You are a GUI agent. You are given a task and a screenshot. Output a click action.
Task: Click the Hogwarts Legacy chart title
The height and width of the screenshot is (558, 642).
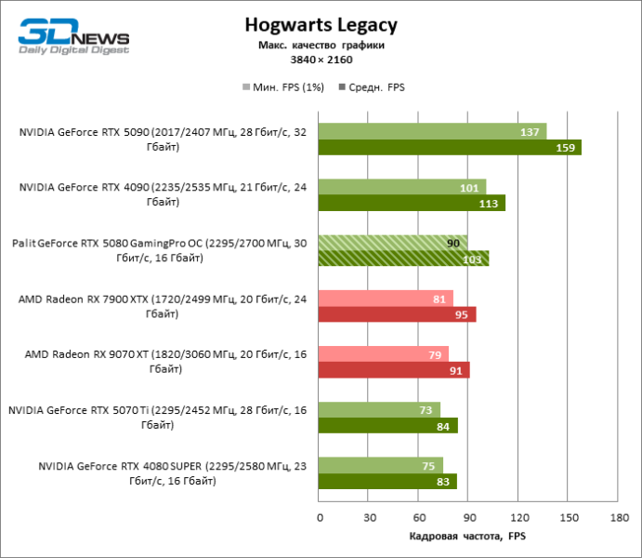tap(321, 25)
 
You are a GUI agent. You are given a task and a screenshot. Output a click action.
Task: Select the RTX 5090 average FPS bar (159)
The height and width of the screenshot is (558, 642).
tap(450, 147)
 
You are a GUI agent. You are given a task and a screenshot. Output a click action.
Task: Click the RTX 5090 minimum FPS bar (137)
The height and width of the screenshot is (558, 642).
tap(432, 131)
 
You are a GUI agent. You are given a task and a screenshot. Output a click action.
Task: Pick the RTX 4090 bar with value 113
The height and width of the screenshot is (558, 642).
tap(412, 203)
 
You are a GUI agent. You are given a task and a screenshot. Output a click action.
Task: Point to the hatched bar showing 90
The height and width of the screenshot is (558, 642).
tap(393, 243)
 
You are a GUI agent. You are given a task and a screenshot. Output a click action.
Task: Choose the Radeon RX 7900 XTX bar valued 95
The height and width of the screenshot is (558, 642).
tap(397, 314)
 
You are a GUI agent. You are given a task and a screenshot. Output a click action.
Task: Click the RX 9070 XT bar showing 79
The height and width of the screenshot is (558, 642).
tap(384, 354)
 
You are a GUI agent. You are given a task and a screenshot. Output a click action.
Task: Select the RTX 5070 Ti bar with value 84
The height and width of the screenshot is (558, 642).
tap(388, 426)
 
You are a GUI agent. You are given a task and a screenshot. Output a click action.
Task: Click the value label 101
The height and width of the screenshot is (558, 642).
tap(470, 188)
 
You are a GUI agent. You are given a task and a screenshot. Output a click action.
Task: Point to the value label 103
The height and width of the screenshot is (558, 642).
tap(472, 259)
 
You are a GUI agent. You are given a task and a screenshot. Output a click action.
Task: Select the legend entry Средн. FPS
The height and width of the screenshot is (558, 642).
tap(375, 87)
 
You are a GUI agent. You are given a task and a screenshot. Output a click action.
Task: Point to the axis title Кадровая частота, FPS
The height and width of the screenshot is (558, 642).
tap(467, 537)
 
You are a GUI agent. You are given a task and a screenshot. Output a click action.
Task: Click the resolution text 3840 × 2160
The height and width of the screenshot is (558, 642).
tap(321, 60)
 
